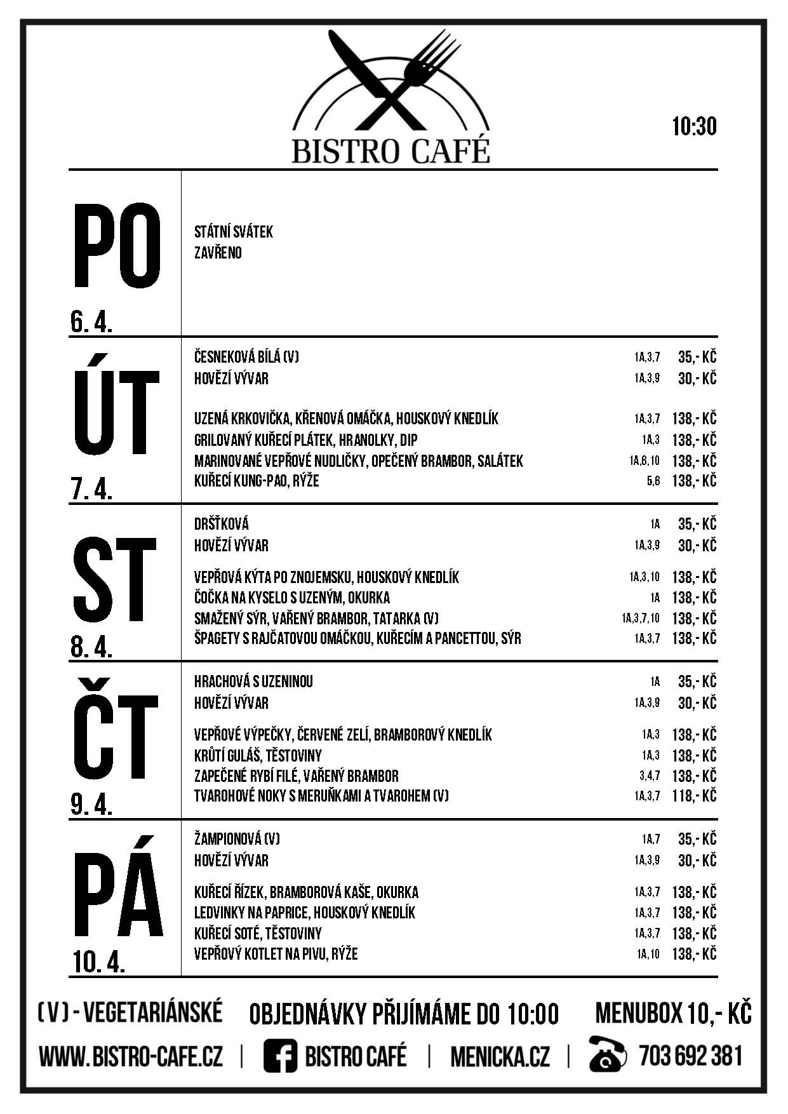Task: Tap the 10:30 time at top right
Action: tap(694, 126)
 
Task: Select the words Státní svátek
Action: tap(233, 232)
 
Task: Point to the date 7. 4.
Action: tap(91, 490)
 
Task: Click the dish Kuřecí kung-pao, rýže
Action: tap(257, 481)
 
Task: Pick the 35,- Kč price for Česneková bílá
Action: tap(697, 357)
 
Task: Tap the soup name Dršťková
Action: tap(221, 524)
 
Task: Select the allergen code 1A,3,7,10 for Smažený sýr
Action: tap(641, 618)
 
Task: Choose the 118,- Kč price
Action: tap(694, 796)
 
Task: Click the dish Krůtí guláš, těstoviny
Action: tap(258, 755)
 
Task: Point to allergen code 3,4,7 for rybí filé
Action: tap(649, 775)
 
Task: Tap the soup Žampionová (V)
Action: tap(237, 839)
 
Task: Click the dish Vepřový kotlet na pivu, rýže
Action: tap(276, 954)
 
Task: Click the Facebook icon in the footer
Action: tap(280, 1057)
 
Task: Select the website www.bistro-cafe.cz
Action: tap(131, 1057)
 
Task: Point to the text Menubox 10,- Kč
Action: tap(672, 1014)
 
